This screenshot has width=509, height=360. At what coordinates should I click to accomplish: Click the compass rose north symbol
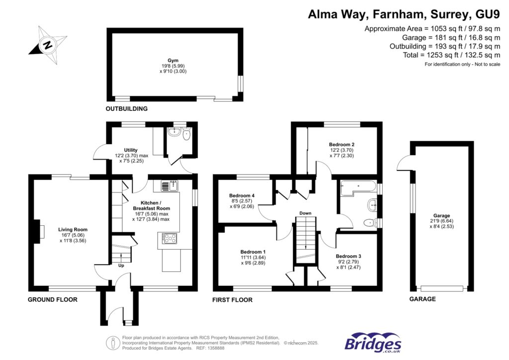(x=48, y=45)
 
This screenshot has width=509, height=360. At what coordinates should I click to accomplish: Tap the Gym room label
(x=173, y=60)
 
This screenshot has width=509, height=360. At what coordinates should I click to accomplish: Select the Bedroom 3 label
(x=348, y=256)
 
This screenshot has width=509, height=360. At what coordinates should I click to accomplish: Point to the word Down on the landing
(x=305, y=213)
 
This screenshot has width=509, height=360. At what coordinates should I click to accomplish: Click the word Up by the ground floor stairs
(x=121, y=266)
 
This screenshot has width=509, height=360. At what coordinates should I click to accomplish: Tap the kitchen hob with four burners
(x=170, y=238)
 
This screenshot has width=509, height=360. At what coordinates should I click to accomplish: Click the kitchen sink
(x=170, y=186)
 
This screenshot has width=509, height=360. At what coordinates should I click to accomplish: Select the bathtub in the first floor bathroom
(x=358, y=186)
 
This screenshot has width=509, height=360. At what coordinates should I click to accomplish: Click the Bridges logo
(x=373, y=343)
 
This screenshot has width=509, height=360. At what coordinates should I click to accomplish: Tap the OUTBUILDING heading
(x=126, y=108)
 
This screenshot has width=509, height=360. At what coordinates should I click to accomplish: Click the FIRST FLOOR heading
(x=232, y=300)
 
